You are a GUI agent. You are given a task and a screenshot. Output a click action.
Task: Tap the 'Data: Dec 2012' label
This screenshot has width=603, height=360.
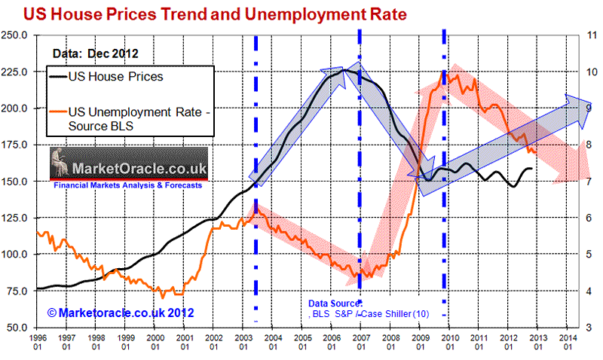94,53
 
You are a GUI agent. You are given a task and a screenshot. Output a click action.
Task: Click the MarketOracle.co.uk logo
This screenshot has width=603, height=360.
127,160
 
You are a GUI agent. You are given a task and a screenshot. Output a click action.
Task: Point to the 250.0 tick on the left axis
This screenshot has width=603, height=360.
16,35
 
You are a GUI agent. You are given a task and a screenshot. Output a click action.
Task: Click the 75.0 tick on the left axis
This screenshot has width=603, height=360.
17,291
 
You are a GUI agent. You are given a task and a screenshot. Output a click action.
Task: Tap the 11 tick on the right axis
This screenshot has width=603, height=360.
592,35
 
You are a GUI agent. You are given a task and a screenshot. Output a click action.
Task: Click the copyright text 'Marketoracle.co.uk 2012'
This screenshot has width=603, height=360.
121,312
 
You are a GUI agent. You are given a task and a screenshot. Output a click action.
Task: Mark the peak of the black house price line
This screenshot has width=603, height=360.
344,70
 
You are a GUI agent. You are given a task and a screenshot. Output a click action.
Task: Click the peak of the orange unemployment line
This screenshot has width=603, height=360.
445,72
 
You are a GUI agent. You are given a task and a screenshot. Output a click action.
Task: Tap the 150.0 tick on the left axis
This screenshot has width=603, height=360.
16,182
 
